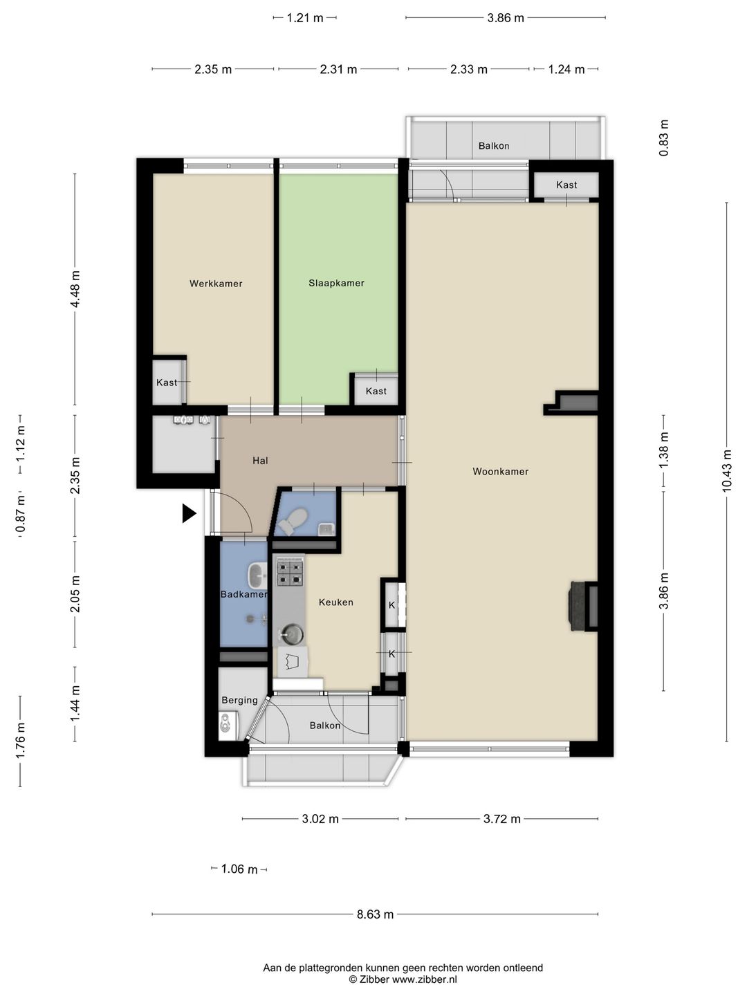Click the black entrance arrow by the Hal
coord(189,513)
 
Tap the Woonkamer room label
coord(500,472)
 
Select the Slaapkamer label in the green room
coord(336,283)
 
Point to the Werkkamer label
coord(216,284)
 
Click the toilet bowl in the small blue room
coord(293,522)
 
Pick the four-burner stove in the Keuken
coord(290,573)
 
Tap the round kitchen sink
coord(292,634)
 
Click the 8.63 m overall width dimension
coord(375,914)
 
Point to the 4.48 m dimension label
coord(75,289)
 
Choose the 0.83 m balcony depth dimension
coord(663,138)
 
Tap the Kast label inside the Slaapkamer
coord(376,391)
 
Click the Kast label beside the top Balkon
coord(566,185)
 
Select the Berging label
coord(239,700)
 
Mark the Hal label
coord(260,461)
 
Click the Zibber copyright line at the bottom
coord(403,979)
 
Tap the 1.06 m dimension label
coord(239,869)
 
